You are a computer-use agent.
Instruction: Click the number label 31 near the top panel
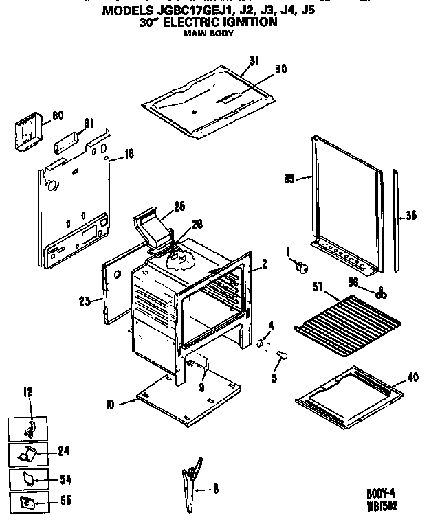254,61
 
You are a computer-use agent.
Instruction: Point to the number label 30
280,69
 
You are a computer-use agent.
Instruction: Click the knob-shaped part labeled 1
300,266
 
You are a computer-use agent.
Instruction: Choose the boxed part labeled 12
30,429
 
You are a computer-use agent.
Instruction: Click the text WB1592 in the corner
382,506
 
